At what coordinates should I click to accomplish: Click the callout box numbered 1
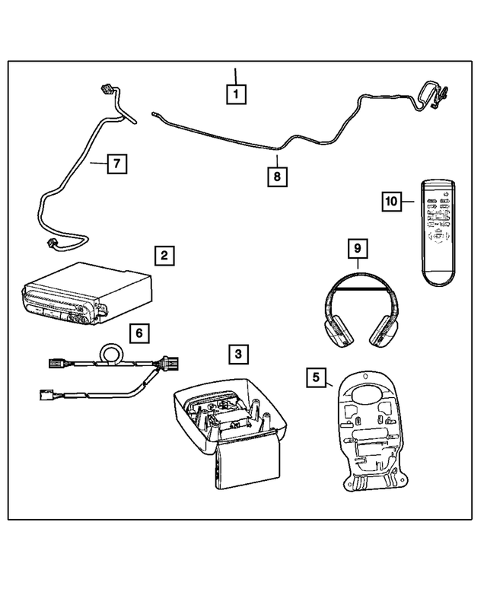coord(236,94)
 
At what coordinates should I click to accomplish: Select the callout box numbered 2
coord(164,256)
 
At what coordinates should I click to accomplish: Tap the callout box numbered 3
coord(238,354)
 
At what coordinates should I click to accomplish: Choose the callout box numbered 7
coord(116,163)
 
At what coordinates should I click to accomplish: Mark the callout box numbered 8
coord(278,177)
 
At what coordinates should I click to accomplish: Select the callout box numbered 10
coord(390,202)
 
